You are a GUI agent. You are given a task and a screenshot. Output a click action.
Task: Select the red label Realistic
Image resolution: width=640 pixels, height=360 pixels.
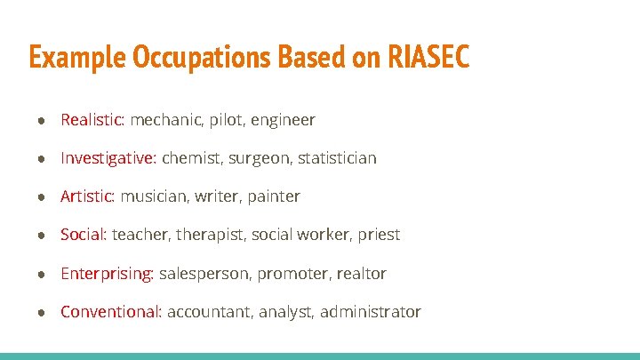[92, 119]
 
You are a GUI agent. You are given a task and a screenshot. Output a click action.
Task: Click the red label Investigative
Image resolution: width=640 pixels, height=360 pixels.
[108, 158]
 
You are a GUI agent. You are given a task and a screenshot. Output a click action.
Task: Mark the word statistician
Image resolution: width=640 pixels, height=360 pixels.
[337, 158]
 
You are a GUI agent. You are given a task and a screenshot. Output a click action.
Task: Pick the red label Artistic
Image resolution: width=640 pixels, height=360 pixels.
[87, 196]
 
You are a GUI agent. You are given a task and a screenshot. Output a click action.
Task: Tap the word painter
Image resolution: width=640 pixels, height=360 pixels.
[274, 196]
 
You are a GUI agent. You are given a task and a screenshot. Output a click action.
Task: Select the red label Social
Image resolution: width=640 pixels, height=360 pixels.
[83, 235]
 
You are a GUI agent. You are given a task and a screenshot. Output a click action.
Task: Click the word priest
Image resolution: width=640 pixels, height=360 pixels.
[379, 236]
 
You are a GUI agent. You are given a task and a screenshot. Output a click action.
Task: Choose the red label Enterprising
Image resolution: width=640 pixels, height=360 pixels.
[107, 274]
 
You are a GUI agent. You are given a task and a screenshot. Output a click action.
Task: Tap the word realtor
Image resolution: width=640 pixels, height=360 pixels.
[361, 274]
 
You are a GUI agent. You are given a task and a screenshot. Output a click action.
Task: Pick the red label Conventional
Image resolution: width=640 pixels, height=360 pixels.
[110, 312]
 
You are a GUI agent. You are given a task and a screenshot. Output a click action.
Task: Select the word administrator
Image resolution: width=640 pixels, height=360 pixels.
[371, 312]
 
